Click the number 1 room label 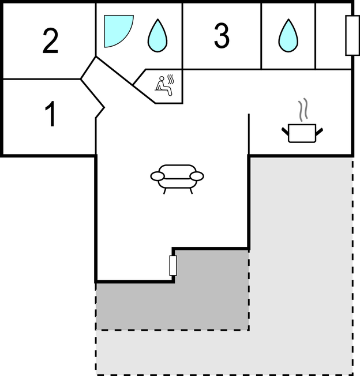coord(51,115)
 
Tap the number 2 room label coord(51,42)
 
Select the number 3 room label coord(222,36)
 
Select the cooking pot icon coord(302,133)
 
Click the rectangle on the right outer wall coord(352,36)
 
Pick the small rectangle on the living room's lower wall coord(173,265)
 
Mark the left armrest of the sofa coord(157,176)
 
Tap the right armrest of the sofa coord(197,176)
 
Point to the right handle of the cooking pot coord(318,133)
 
